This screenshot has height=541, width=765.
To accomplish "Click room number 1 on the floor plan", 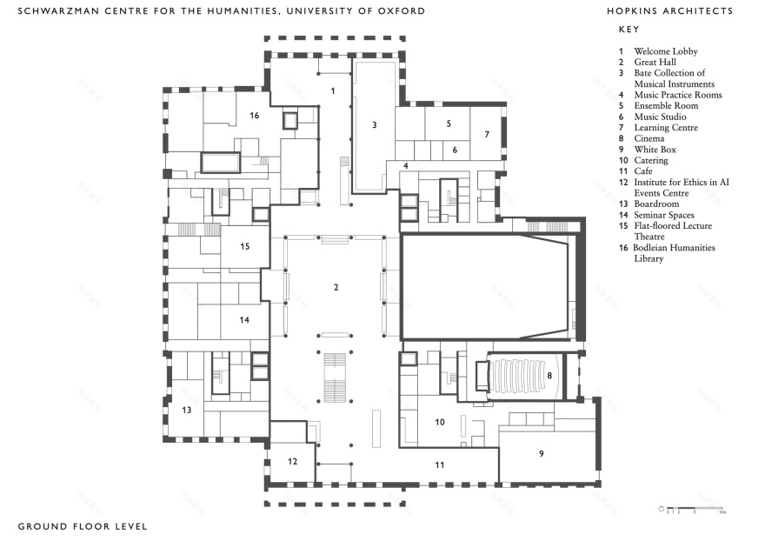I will coord(331,90).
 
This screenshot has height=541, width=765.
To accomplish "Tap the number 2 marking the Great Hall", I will coord(336,287).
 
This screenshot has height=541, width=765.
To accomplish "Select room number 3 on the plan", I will coord(374,125).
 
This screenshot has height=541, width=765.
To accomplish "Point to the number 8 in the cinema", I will coord(549,376).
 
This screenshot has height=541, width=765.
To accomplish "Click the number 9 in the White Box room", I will coord(542,453).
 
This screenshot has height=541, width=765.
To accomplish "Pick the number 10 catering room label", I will coord(441,422).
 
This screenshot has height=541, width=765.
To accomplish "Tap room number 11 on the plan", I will coord(440,465).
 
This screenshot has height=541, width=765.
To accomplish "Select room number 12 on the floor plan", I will coord(293,461).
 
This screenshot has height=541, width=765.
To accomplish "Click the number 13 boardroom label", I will coord(186,409).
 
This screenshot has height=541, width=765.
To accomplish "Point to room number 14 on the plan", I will coord(244,320).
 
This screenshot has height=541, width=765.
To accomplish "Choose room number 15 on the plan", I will coord(244,246).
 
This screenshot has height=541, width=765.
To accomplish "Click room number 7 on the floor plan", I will coord(487,134).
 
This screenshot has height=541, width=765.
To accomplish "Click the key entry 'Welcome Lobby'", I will coord(665,51).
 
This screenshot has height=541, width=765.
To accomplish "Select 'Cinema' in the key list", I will coord(649,138).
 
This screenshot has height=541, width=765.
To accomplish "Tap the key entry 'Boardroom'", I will coord(656,204).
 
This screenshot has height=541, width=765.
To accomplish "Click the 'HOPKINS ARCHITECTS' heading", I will coord(670,11).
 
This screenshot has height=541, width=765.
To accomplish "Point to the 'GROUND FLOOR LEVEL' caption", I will coord(83,526).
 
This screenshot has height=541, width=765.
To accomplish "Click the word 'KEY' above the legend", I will coord(629,30).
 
